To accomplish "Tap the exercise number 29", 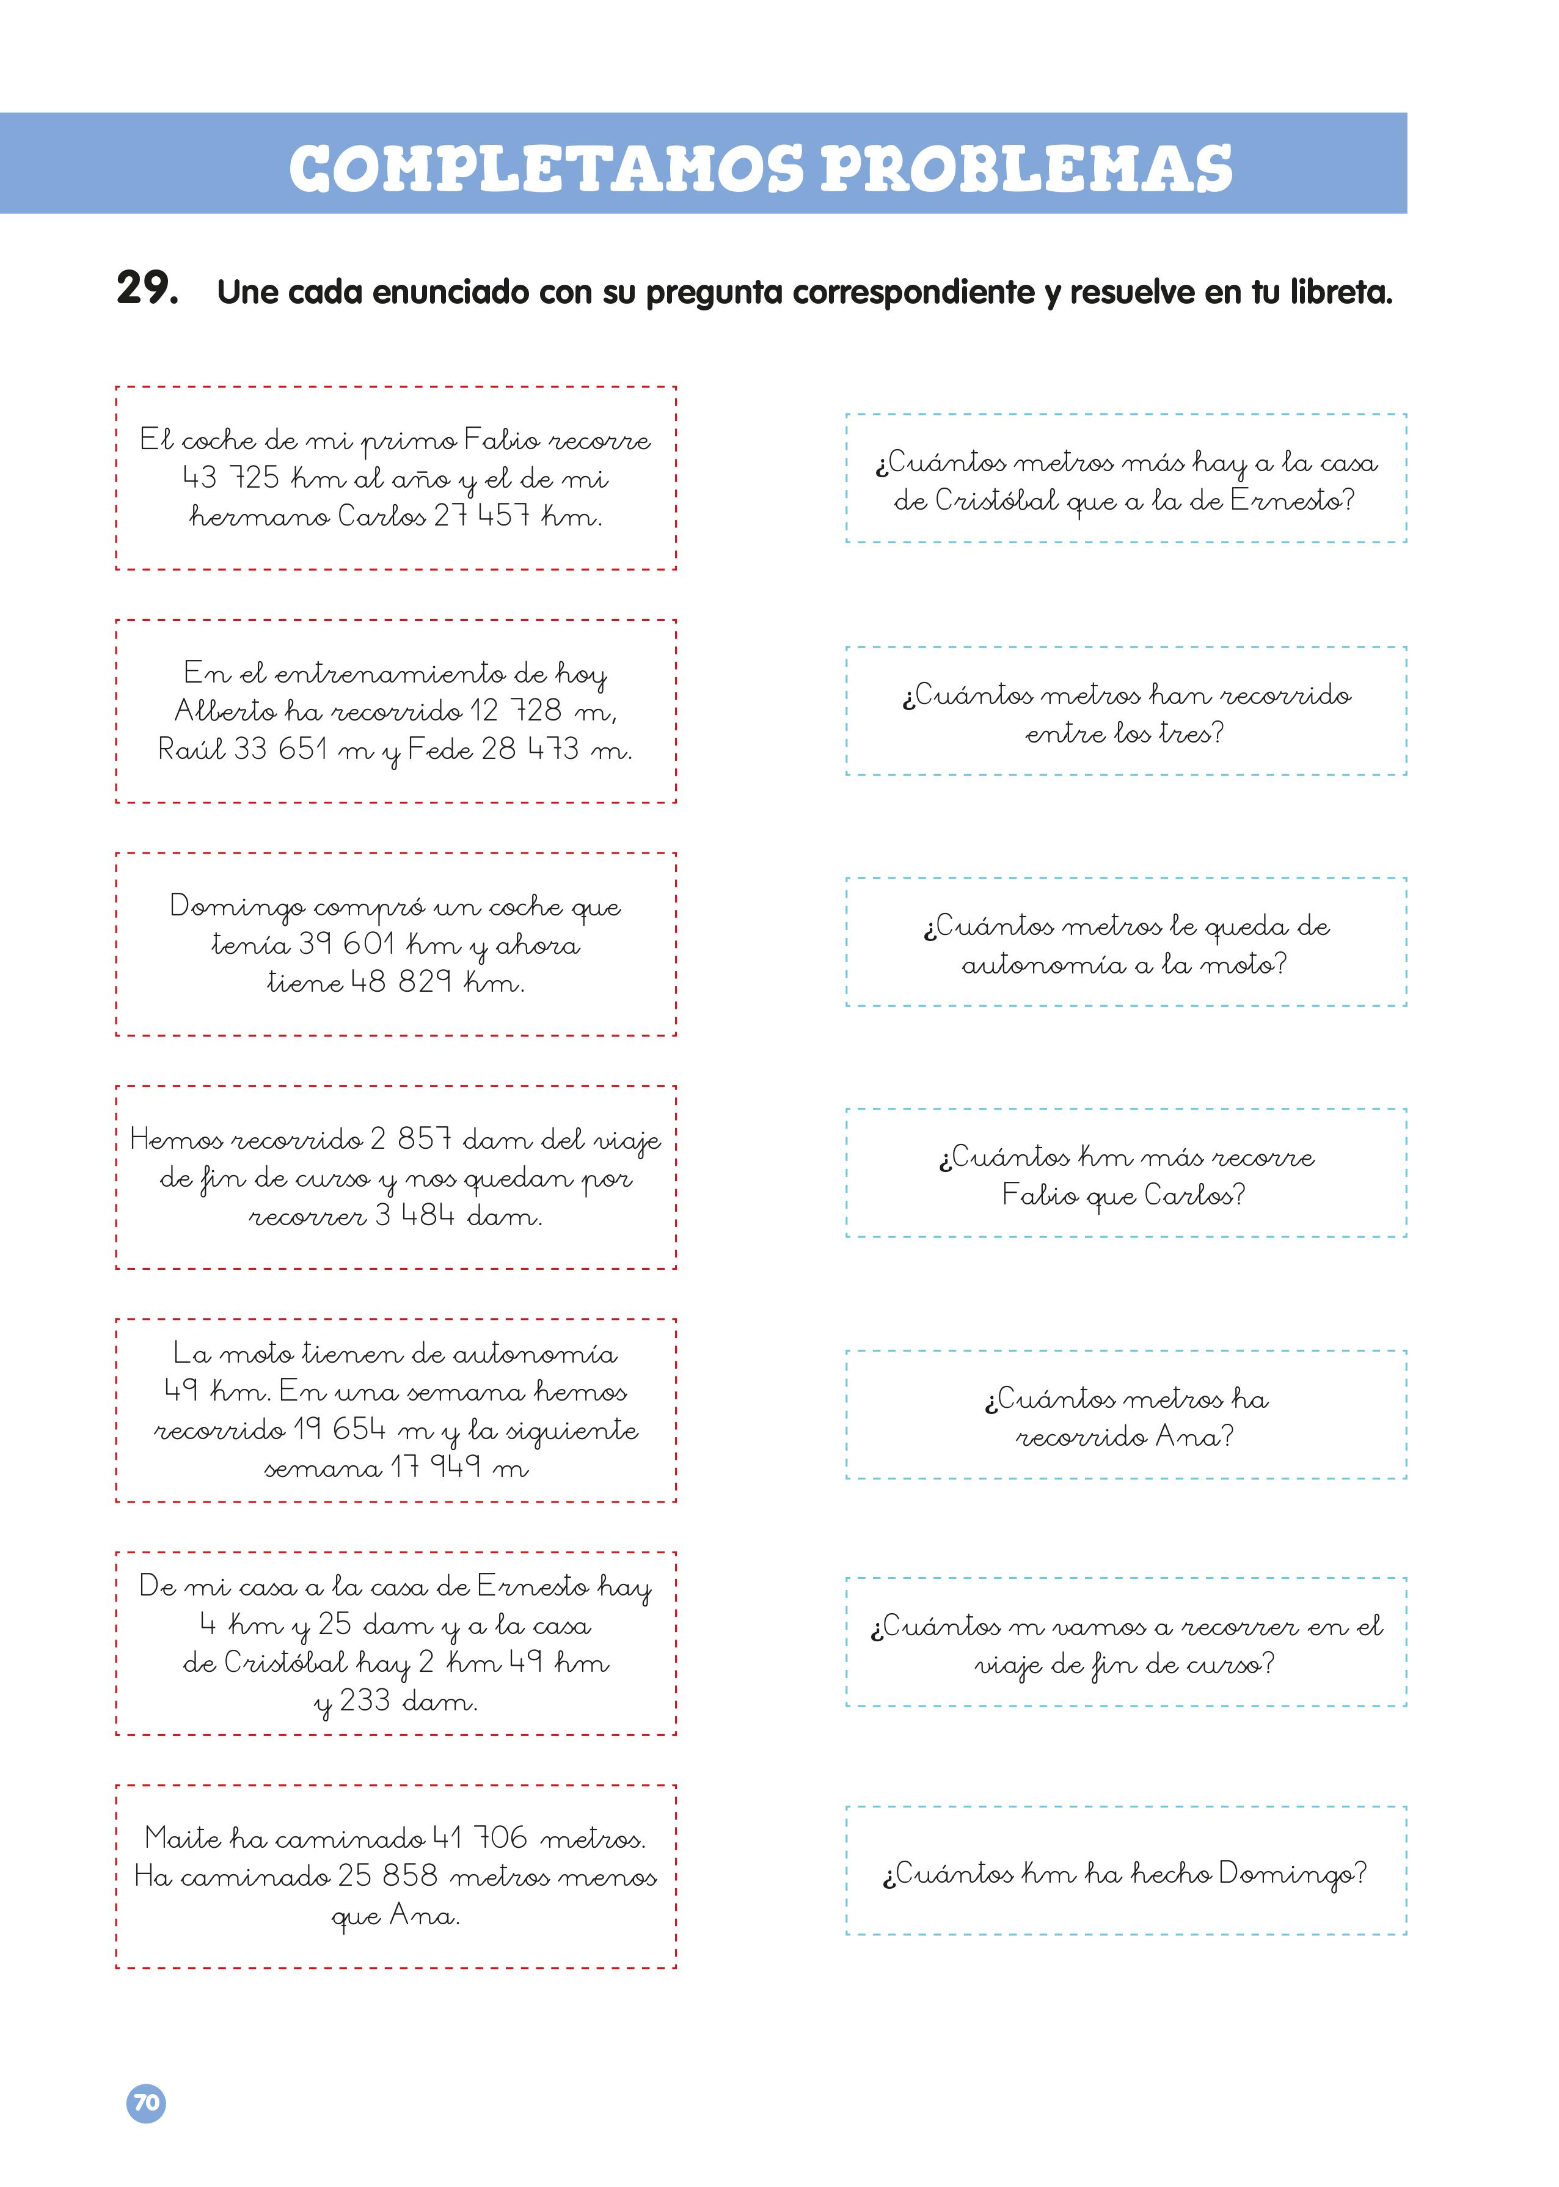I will pos(147,288).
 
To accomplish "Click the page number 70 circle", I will pos(146,2103).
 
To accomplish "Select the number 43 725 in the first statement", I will pos(230,477).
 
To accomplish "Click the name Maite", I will pos(183,1837).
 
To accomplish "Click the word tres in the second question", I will pos(1191,733).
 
